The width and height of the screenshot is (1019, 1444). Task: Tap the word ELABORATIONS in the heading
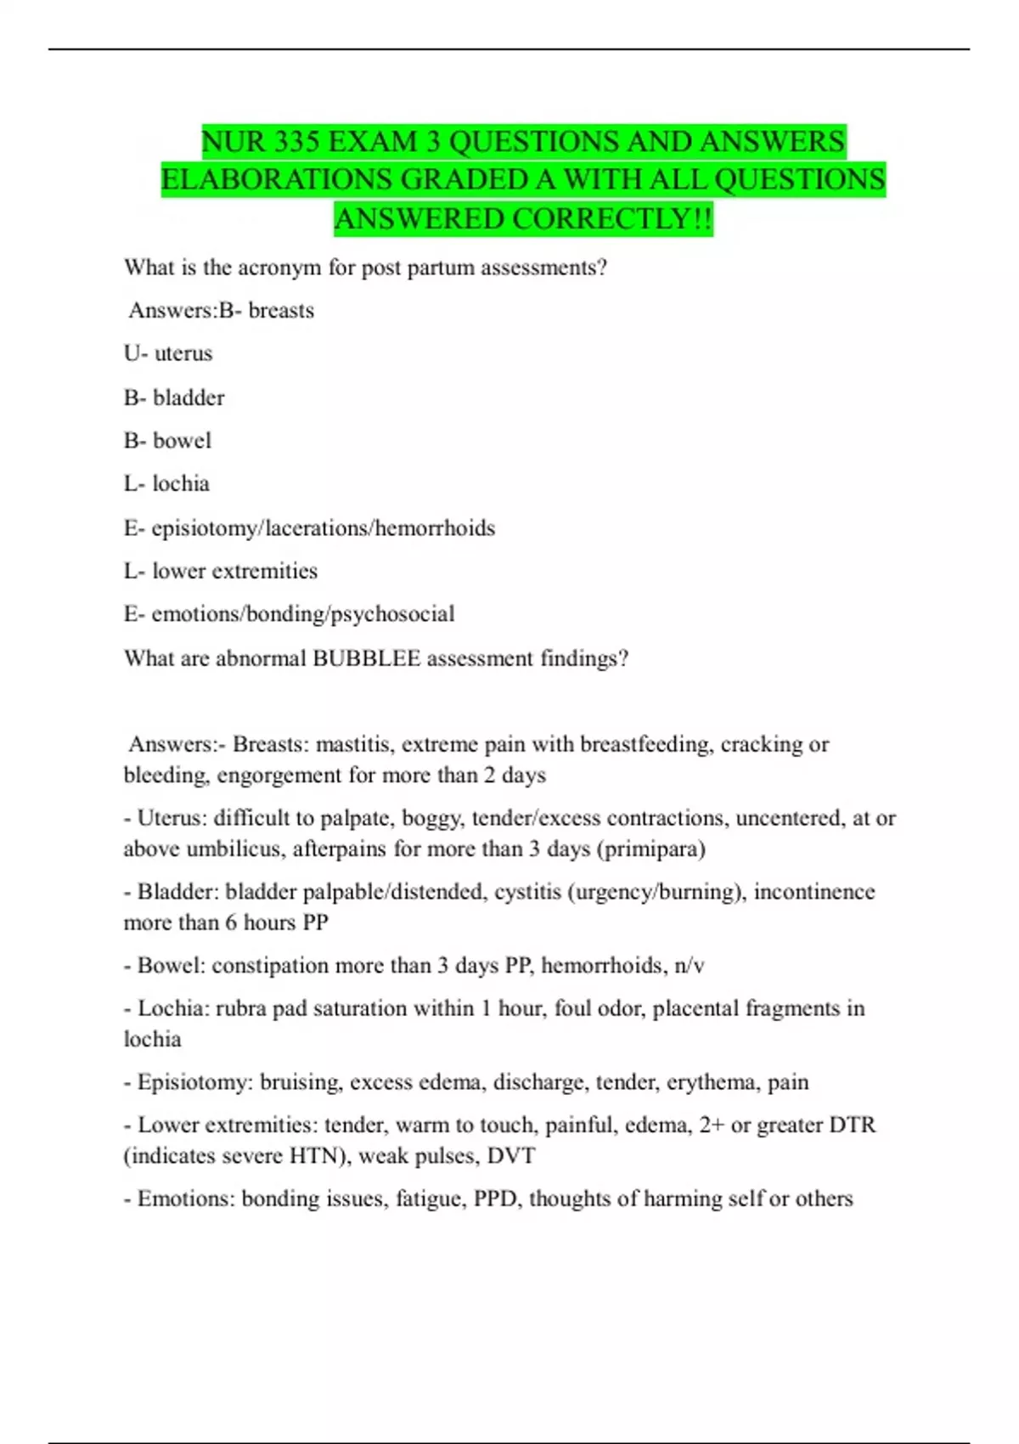[x=277, y=180]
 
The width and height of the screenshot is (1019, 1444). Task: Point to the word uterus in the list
[x=183, y=353]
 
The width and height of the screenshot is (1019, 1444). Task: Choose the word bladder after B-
[x=189, y=398]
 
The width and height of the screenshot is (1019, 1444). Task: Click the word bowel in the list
[x=182, y=441]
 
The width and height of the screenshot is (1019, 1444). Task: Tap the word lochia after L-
[x=181, y=484]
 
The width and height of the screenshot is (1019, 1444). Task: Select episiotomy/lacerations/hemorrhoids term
[x=323, y=528]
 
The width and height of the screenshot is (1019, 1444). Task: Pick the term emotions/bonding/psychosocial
[x=302, y=614]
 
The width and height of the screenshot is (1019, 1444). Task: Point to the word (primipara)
[x=651, y=849]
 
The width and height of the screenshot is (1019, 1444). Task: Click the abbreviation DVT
[x=511, y=1156]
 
